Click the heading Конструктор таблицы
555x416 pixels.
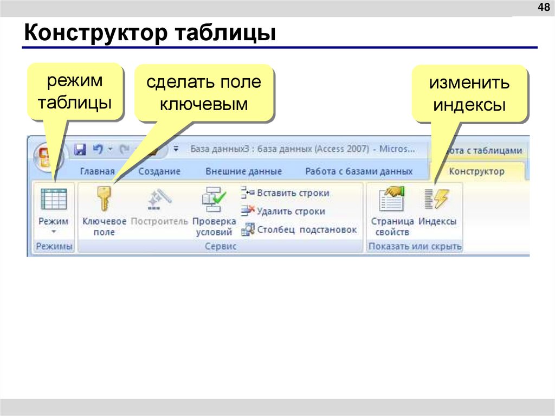click(150, 33)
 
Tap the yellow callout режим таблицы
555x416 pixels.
click(75, 91)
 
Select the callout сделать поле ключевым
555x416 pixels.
click(204, 92)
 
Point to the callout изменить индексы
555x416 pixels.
click(469, 93)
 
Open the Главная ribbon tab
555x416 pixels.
click(98, 171)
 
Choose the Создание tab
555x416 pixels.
click(159, 171)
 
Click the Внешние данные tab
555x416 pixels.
click(243, 171)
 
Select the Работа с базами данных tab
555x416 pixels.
click(359, 171)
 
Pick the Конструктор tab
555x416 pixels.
click(477, 171)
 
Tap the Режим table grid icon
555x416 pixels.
click(54, 199)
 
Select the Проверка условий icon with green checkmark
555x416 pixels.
click(214, 200)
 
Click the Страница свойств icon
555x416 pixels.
click(392, 199)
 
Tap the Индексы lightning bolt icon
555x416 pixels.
click(437, 199)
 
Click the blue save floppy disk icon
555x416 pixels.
click(80, 149)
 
